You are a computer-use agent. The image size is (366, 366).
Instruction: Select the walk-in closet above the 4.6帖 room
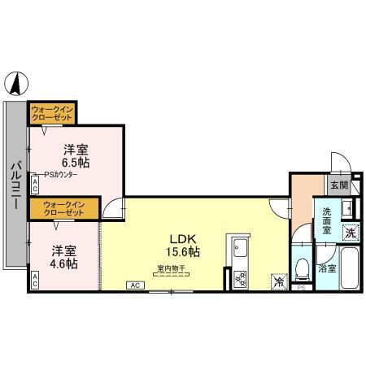[63, 207]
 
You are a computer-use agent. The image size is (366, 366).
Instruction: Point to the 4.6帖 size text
[63, 264]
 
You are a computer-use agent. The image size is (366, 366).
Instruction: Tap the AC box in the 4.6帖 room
[34, 278]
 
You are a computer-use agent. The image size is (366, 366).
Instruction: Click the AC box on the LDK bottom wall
[135, 285]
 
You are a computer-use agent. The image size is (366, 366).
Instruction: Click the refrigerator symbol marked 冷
[278, 281]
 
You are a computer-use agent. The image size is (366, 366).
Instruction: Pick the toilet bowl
[302, 267]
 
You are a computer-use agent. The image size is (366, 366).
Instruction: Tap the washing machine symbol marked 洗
[350, 233]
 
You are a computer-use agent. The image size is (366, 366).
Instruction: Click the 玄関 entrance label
[340, 185]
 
